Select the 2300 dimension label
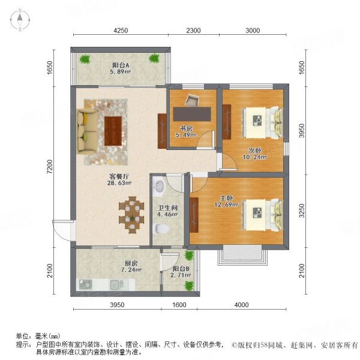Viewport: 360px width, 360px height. pyautogui.click(x=193, y=31)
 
